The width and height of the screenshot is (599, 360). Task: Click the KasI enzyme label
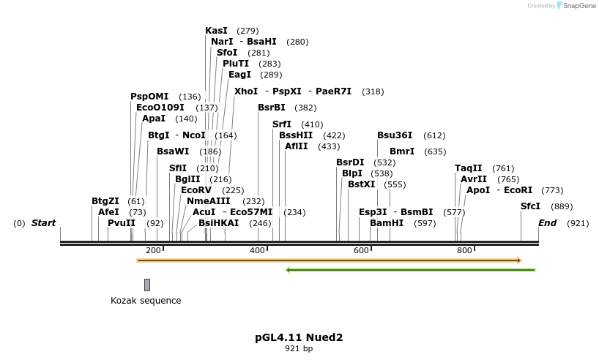(x=216, y=31)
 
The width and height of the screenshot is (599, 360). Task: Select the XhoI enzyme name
(x=246, y=91)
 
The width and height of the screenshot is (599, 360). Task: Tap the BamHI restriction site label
(x=387, y=223)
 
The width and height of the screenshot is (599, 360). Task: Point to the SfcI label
(x=530, y=206)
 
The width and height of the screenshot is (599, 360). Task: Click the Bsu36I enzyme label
(x=395, y=135)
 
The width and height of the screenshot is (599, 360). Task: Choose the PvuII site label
(x=122, y=223)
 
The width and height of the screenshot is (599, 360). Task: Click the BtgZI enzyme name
(x=105, y=200)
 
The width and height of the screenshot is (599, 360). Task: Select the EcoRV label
(x=196, y=190)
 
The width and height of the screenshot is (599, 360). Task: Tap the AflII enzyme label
(x=297, y=146)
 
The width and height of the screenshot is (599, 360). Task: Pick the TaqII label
(x=469, y=168)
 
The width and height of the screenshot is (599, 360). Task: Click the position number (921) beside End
(x=578, y=223)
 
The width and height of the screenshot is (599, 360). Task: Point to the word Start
(x=43, y=223)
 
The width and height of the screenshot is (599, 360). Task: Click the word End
(x=548, y=223)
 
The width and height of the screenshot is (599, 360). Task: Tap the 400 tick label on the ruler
(x=258, y=250)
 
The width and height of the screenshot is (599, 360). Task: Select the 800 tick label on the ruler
(x=464, y=250)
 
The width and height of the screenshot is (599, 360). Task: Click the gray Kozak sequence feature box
(x=147, y=285)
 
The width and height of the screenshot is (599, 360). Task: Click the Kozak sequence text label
(x=146, y=301)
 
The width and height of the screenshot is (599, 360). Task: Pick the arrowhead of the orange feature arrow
(x=518, y=260)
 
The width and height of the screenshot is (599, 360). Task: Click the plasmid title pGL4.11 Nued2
(x=299, y=337)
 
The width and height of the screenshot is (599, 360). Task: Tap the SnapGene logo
(x=576, y=6)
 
